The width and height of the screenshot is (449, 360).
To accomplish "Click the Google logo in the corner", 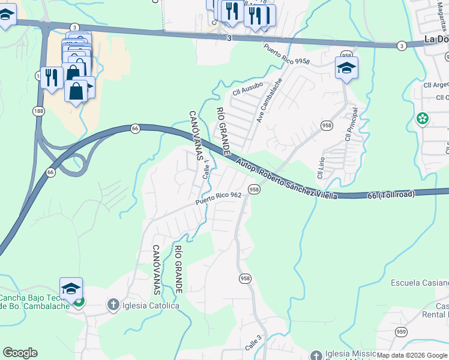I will tap(20, 353).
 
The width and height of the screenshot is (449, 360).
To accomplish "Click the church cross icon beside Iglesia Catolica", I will tap(112, 305).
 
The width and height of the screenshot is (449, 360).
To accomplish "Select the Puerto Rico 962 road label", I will tap(218, 199).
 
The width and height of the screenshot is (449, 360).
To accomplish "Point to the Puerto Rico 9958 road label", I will tap(286, 55).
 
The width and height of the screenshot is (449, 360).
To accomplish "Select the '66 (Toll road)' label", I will tap(391, 194).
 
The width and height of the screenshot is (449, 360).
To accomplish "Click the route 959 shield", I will tap(402, 331).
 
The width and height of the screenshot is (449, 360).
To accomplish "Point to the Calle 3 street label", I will tap(253, 342).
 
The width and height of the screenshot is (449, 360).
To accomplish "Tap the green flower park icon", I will tap(423, 118).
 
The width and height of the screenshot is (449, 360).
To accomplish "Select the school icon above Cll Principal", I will tap(346, 68).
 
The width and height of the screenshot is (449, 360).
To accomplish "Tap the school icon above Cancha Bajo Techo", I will tap(71, 289).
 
